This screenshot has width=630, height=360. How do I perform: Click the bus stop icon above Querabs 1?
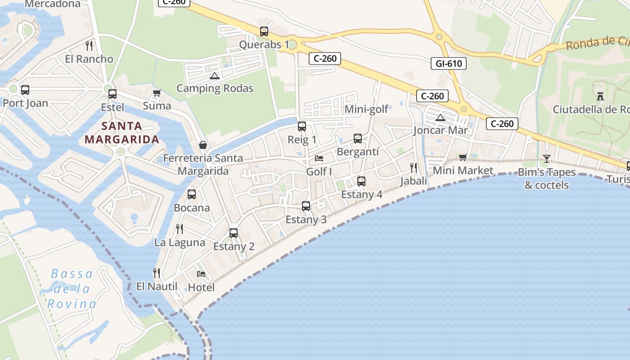[264, 31]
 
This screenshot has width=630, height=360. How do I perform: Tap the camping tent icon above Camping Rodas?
[214, 76]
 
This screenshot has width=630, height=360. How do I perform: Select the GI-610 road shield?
[449, 63]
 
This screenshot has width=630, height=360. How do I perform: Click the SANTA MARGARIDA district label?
[122, 133]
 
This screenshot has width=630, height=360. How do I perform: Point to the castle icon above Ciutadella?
[600, 96]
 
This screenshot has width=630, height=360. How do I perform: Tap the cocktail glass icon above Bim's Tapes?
[547, 158]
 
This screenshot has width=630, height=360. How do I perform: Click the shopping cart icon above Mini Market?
[463, 157]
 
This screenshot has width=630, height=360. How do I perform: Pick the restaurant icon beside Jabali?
[414, 168]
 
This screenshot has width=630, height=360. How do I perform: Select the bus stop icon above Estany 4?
[361, 181]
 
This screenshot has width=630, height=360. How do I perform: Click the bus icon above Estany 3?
[306, 206]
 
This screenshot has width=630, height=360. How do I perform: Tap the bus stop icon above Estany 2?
[234, 233]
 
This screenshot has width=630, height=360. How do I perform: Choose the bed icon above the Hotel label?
[201, 274]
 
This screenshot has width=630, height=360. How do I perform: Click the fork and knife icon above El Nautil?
[157, 273]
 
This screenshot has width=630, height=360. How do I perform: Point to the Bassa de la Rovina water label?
[72, 289]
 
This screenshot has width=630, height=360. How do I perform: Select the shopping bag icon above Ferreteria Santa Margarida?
[203, 145]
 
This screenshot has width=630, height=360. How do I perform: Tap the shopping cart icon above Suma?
[157, 93]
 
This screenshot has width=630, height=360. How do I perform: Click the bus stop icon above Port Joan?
[25, 90]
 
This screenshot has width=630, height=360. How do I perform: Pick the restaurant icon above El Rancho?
[89, 45]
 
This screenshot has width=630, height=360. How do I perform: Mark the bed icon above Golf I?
[319, 158]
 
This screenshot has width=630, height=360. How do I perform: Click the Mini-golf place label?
[366, 109]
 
